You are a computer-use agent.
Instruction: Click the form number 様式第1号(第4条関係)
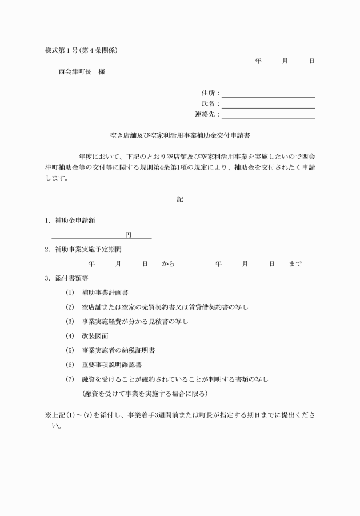pos(82,50)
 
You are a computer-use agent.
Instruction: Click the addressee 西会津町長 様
pos(81,72)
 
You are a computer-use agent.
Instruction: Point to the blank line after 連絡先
pos(268,117)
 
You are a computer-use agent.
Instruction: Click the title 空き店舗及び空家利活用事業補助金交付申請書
pos(181,137)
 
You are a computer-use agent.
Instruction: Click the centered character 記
pos(181,199)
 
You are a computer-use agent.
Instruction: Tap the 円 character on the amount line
pos(129,235)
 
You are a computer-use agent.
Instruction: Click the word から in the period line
pos(168,264)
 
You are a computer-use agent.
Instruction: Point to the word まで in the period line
pos(295,264)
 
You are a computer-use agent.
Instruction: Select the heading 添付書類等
pos(71,278)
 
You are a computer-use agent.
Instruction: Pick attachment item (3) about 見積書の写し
pos(135,322)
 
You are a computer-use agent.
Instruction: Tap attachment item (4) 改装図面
pos(95,336)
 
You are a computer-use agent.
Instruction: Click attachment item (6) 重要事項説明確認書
pos(112,365)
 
